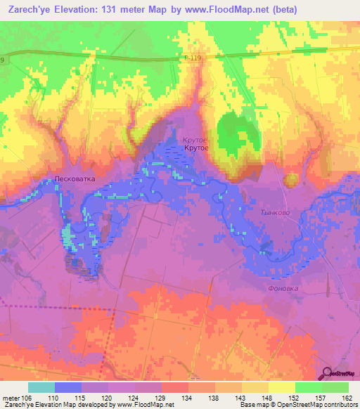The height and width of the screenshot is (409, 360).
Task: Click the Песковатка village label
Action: click(x=75, y=179)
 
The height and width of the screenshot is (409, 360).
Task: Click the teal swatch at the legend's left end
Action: click(x=41, y=387)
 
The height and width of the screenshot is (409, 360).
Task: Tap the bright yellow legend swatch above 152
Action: click(x=282, y=387)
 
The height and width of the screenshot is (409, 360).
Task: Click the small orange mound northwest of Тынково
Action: click(x=290, y=181)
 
